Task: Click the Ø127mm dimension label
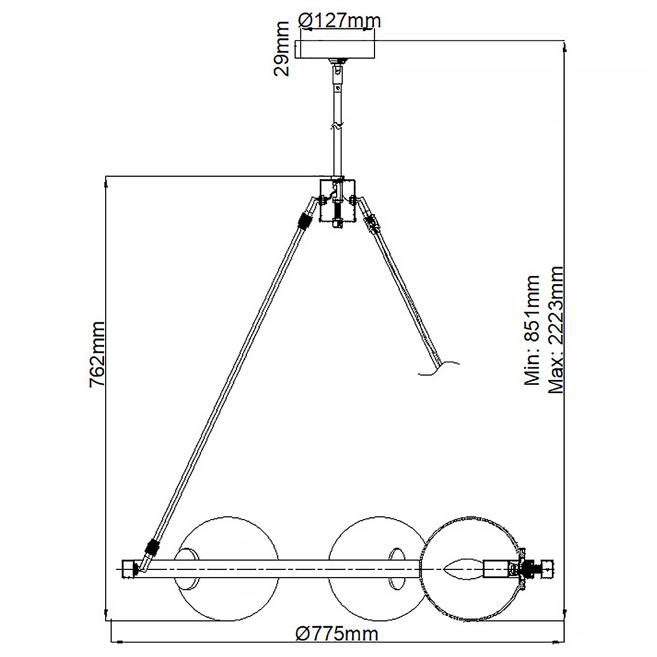(x=339, y=21)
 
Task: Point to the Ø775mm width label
(x=337, y=634)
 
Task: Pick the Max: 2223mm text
(x=556, y=330)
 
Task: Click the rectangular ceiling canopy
(x=335, y=50)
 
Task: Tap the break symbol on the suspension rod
(x=336, y=126)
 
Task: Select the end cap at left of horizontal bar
(x=129, y=568)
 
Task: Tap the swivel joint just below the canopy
(x=336, y=70)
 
